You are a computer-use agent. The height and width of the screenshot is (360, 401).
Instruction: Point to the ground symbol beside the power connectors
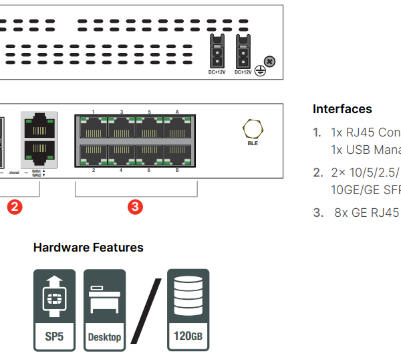pyautogui.click(x=259, y=68)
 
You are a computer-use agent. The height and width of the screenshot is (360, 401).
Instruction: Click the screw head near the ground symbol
pyautogui.click(x=270, y=62)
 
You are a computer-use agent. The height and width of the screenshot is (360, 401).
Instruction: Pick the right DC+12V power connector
pyautogui.click(x=243, y=50)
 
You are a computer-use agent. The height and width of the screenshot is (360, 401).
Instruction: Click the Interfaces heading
pyautogui.click(x=342, y=109)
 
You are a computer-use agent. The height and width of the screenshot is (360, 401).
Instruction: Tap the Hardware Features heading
pyautogui.click(x=88, y=248)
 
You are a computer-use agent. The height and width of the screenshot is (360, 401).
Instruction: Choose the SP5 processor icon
pyautogui.click(x=54, y=309)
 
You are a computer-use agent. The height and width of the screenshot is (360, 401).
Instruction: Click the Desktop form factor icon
pyautogui.click(x=105, y=309)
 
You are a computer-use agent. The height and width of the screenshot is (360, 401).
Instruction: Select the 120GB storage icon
pyautogui.click(x=188, y=309)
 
